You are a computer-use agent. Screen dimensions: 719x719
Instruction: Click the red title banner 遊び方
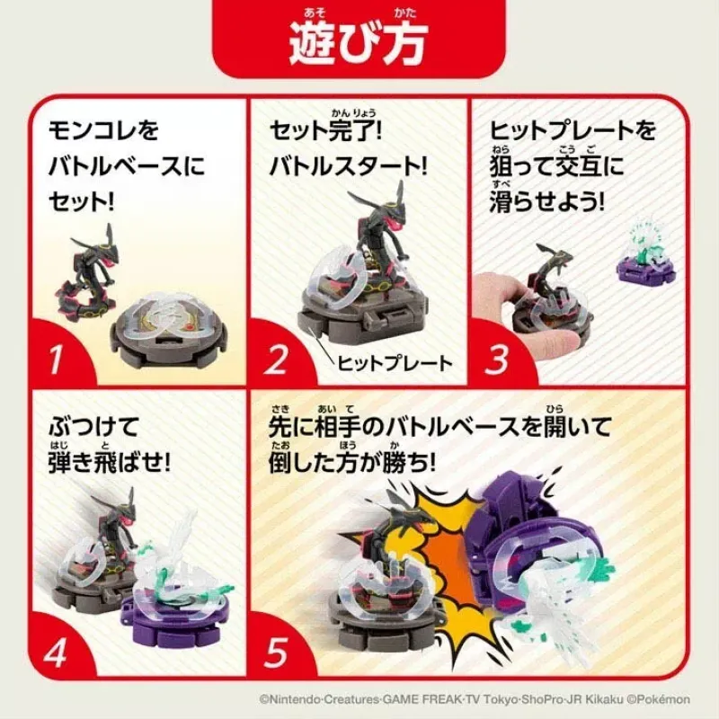pos(359,39)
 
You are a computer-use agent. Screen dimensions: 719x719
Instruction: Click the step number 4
pos(55,652)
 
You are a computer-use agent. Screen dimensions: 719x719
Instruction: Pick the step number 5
pos(276,652)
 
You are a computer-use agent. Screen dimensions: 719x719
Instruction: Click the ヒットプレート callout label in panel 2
pos(395,364)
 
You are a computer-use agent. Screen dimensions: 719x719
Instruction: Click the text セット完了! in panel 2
pos(325,130)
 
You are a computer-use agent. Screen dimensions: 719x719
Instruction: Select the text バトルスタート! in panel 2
pos(348,166)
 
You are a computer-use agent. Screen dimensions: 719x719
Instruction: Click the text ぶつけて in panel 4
pos(93,428)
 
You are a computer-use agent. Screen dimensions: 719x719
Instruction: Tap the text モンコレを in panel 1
pos(103,130)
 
